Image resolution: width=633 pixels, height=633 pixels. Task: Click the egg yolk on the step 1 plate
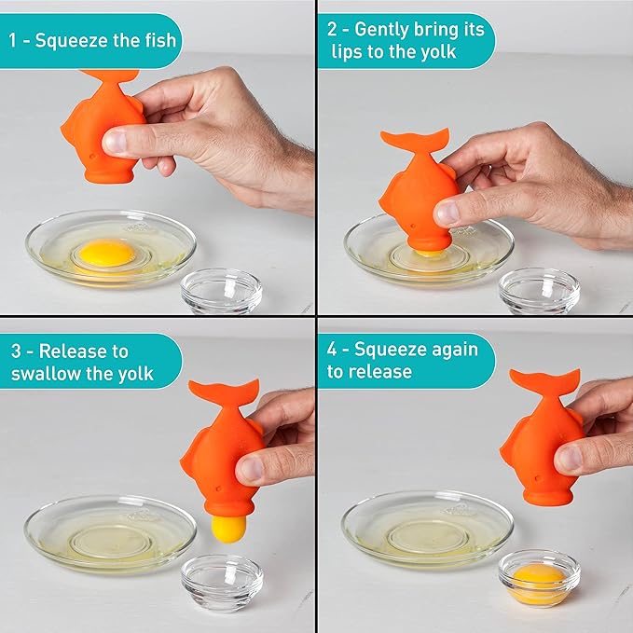pos(105,252)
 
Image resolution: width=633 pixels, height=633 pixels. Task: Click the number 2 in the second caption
pos(333,30)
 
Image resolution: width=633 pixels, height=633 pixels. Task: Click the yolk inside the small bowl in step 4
pos(538,578)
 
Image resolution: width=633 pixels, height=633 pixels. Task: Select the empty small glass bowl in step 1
pos(221,291)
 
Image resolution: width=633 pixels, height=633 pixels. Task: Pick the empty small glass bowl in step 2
pos(539,291)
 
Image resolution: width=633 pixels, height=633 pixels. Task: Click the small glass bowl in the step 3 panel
pos(221,583)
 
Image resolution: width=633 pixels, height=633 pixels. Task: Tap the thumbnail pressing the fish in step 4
pos(568,459)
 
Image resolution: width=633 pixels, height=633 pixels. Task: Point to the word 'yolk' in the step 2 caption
pos(433,53)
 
